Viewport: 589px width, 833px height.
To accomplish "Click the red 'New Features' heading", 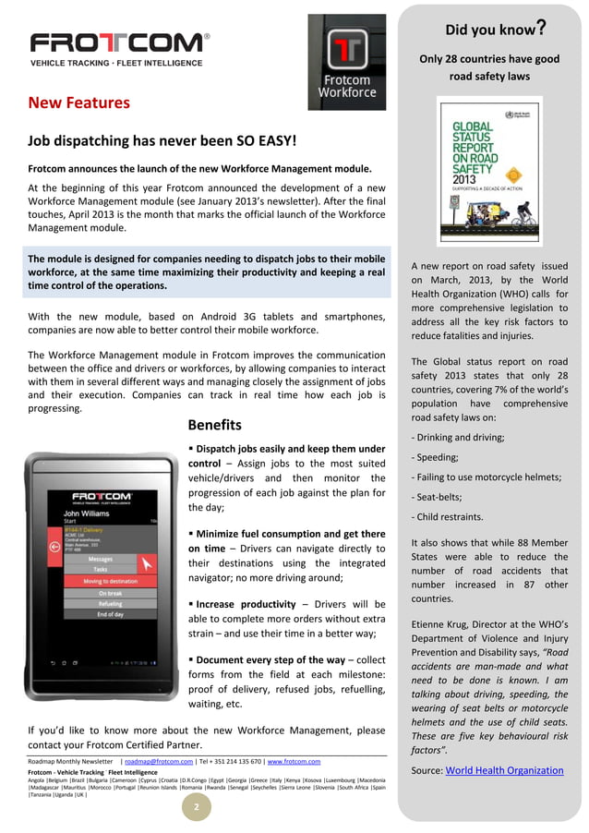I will (78, 103).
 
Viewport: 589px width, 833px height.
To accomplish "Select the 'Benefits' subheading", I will (214, 425).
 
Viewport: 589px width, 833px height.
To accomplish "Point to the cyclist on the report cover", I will (523, 216).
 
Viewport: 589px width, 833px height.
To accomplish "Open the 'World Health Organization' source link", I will (504, 770).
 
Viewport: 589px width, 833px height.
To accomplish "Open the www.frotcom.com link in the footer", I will (293, 761).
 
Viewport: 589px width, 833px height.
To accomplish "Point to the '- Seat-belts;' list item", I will (442, 497).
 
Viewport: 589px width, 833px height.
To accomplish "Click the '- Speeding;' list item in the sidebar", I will (438, 456).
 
